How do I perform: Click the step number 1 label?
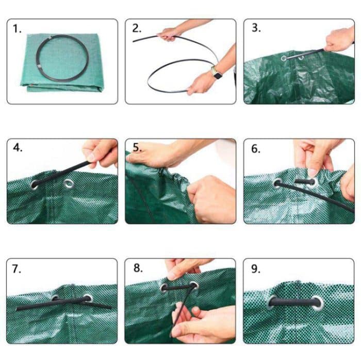18,29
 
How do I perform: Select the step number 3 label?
256,28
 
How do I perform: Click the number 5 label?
137,148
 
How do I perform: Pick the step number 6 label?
256,148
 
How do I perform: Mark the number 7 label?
18,268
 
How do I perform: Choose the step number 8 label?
137,268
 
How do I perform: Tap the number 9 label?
256,268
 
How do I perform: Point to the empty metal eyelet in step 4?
69,183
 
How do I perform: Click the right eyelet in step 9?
317,303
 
